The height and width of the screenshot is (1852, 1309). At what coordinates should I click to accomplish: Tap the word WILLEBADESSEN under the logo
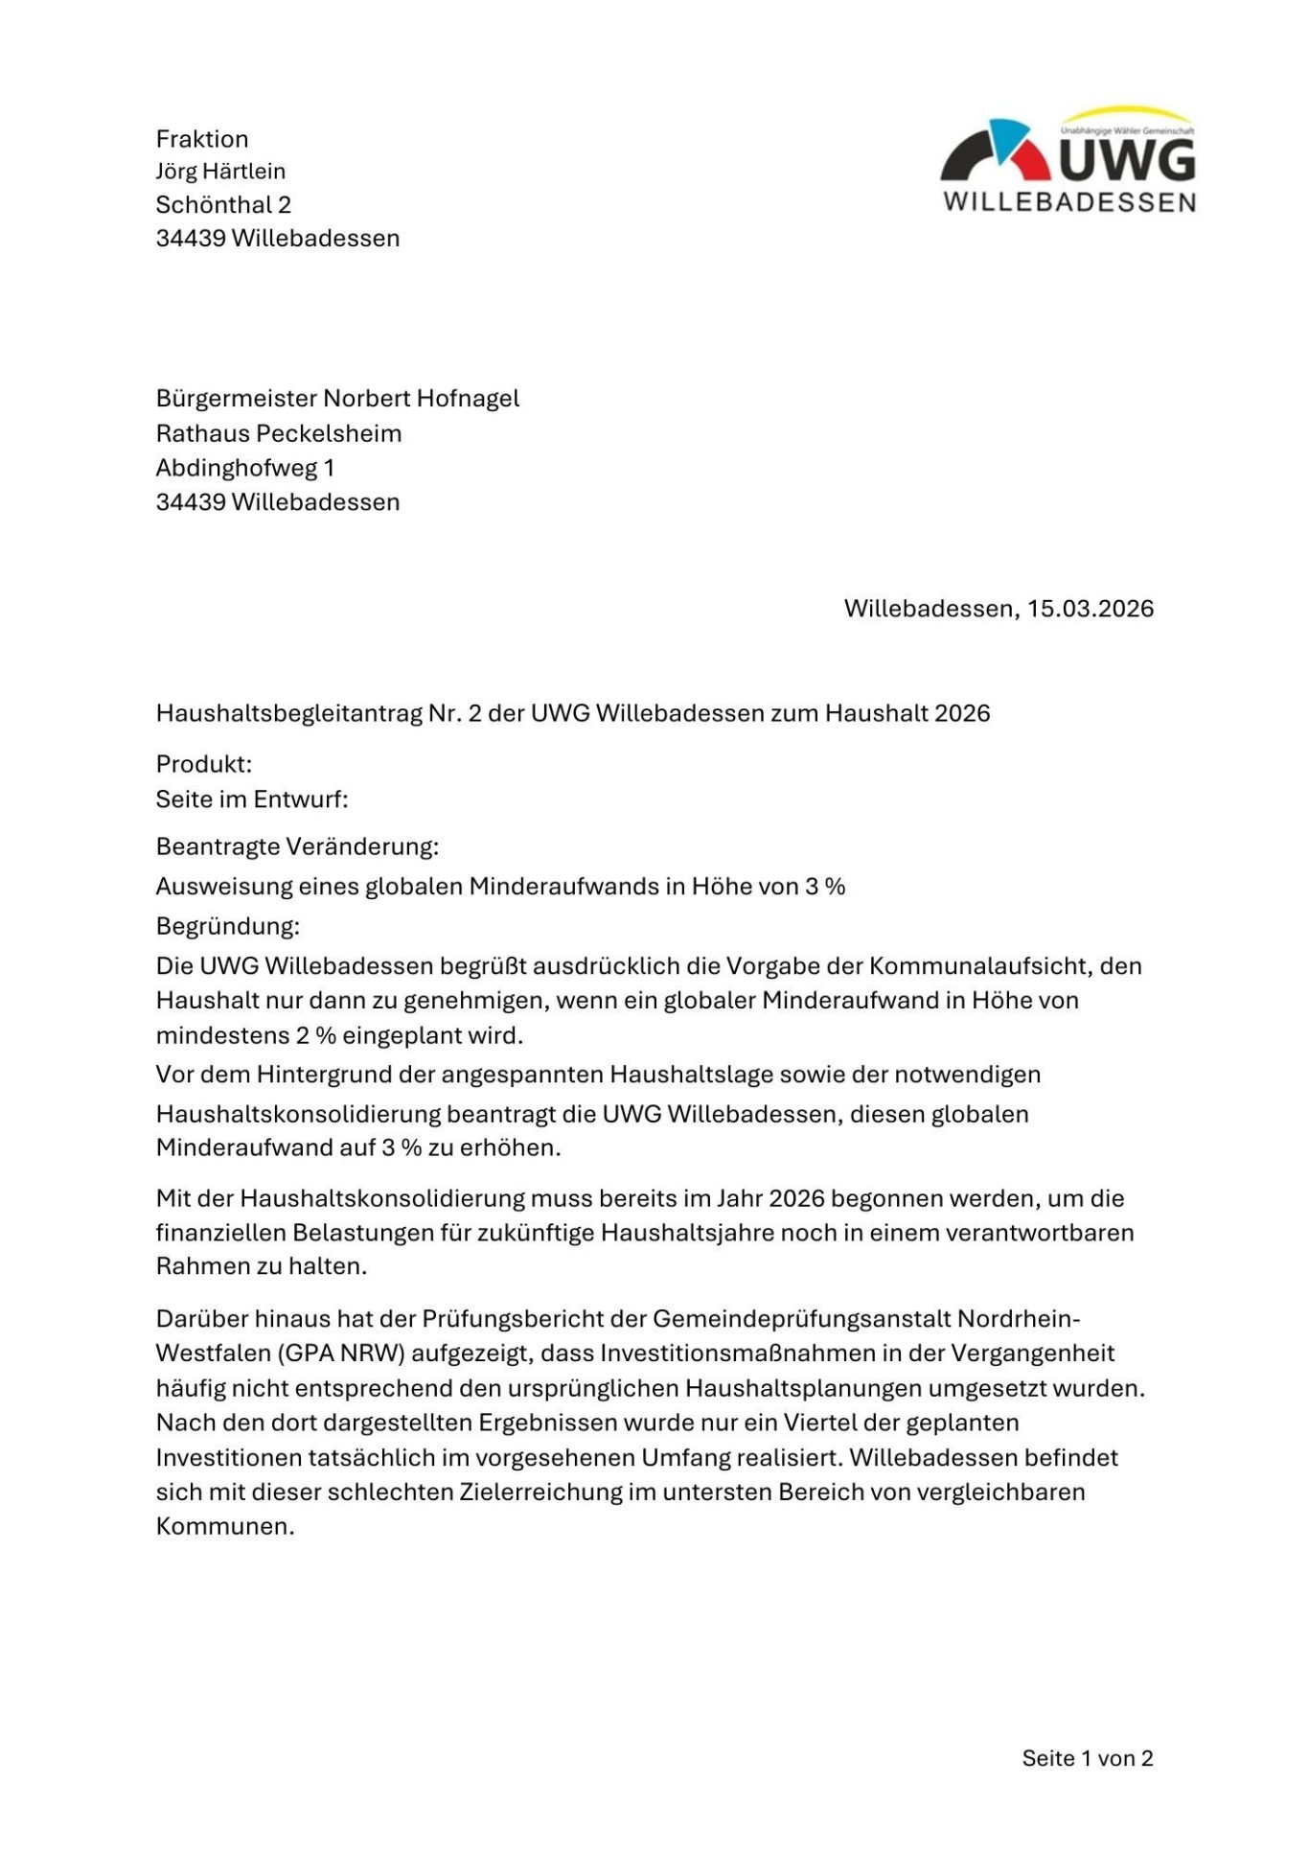pos(1069,202)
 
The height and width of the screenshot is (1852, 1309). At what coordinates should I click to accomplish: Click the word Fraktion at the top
pos(202,139)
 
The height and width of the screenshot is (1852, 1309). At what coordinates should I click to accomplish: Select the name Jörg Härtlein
pos(220,172)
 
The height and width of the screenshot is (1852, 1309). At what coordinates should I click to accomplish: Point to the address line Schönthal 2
pos(223,204)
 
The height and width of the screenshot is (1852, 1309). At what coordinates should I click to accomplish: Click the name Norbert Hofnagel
pos(421,398)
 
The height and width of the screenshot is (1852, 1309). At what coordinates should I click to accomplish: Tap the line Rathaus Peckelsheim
pos(279,433)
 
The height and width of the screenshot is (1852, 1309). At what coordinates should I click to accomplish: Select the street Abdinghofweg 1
pos(245,468)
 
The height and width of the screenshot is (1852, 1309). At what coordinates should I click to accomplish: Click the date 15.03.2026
pos(1091,609)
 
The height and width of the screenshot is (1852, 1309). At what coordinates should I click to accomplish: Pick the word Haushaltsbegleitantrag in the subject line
pos(287,713)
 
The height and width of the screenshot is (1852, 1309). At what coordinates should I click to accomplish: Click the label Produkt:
pos(204,764)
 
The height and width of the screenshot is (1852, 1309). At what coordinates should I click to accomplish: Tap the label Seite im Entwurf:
pos(252,799)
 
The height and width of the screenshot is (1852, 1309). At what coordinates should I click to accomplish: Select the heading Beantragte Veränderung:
pos(297,846)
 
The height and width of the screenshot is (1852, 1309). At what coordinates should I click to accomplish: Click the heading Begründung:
pos(228,926)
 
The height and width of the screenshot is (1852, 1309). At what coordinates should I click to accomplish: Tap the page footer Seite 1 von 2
pos(1087,1758)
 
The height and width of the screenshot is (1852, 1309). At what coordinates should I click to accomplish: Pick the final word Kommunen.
pos(225,1526)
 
